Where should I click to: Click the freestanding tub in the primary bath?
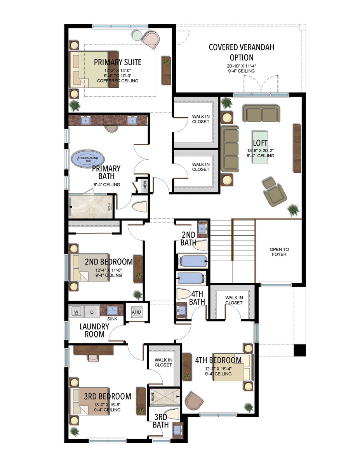88,159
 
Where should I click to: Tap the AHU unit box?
137,312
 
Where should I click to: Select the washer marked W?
76,312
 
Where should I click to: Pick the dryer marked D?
92,312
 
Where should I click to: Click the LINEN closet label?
145,186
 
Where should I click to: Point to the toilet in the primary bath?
139,207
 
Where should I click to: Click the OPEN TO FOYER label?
279,252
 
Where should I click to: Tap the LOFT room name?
260,143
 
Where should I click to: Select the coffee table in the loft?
260,147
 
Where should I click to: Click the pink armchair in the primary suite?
151,40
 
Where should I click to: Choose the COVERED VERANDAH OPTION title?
242,52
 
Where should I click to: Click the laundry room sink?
112,310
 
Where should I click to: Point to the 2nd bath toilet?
201,245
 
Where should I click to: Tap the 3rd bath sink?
177,430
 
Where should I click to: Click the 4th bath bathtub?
191,278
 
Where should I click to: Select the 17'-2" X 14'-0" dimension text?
118,70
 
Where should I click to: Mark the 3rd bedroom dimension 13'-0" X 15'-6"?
107,405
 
